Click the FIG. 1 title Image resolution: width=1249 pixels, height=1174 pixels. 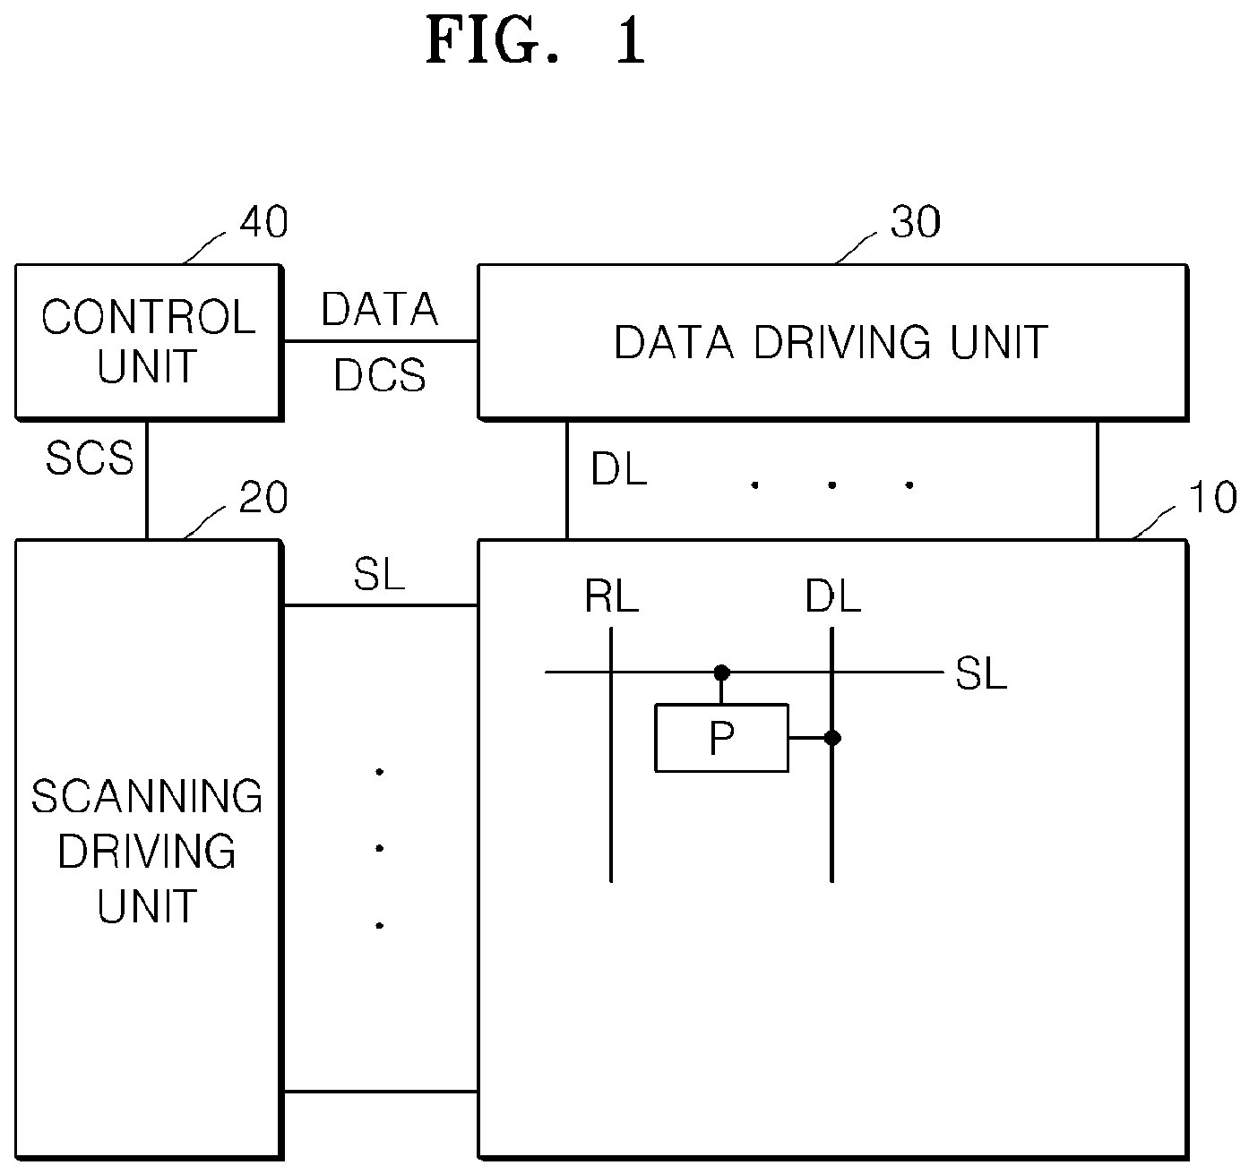(x=536, y=41)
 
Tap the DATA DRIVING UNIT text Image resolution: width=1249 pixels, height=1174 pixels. (x=831, y=342)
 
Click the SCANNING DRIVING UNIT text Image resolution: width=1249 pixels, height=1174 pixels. (x=147, y=850)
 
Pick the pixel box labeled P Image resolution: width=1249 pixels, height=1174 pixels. (x=721, y=738)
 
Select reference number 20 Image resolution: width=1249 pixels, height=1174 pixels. (x=263, y=497)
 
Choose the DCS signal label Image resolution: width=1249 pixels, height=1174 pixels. (x=379, y=375)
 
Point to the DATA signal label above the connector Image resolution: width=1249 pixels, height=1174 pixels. (x=379, y=309)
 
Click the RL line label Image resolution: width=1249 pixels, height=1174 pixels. (x=611, y=596)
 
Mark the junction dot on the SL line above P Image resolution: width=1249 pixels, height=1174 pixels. (x=721, y=673)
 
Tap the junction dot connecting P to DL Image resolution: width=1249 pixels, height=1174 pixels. (x=832, y=738)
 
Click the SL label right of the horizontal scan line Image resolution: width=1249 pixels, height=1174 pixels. (x=981, y=673)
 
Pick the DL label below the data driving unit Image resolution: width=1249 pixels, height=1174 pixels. (x=619, y=469)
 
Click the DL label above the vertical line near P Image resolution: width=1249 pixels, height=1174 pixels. (x=832, y=596)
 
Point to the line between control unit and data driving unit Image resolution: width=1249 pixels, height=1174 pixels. (x=381, y=341)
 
